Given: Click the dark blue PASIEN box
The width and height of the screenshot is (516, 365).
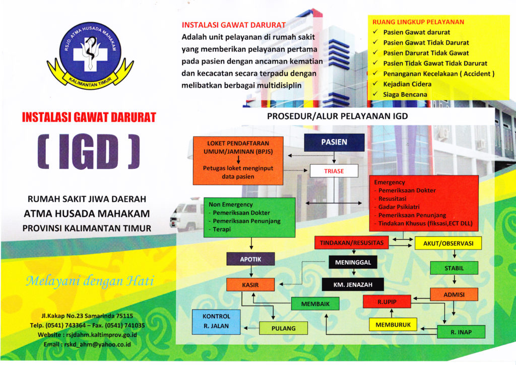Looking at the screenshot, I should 334,142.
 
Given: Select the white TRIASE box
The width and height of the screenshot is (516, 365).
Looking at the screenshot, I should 334,171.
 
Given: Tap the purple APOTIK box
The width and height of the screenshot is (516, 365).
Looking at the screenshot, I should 250,259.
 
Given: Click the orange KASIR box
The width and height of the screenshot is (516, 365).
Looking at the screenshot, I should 250,285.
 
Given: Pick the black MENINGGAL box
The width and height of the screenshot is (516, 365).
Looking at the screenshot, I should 353,262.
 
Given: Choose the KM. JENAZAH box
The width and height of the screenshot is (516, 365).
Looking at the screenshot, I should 353,284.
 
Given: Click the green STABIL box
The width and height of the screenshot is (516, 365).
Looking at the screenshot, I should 454,268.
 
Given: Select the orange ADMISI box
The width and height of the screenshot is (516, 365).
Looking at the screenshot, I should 454,294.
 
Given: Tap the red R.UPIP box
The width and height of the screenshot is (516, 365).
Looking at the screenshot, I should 386,302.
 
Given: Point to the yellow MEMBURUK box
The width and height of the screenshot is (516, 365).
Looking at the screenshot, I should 393,325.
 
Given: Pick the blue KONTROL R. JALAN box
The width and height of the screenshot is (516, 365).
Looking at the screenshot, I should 217,321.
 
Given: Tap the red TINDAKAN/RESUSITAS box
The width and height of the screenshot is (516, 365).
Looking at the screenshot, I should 352,243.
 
